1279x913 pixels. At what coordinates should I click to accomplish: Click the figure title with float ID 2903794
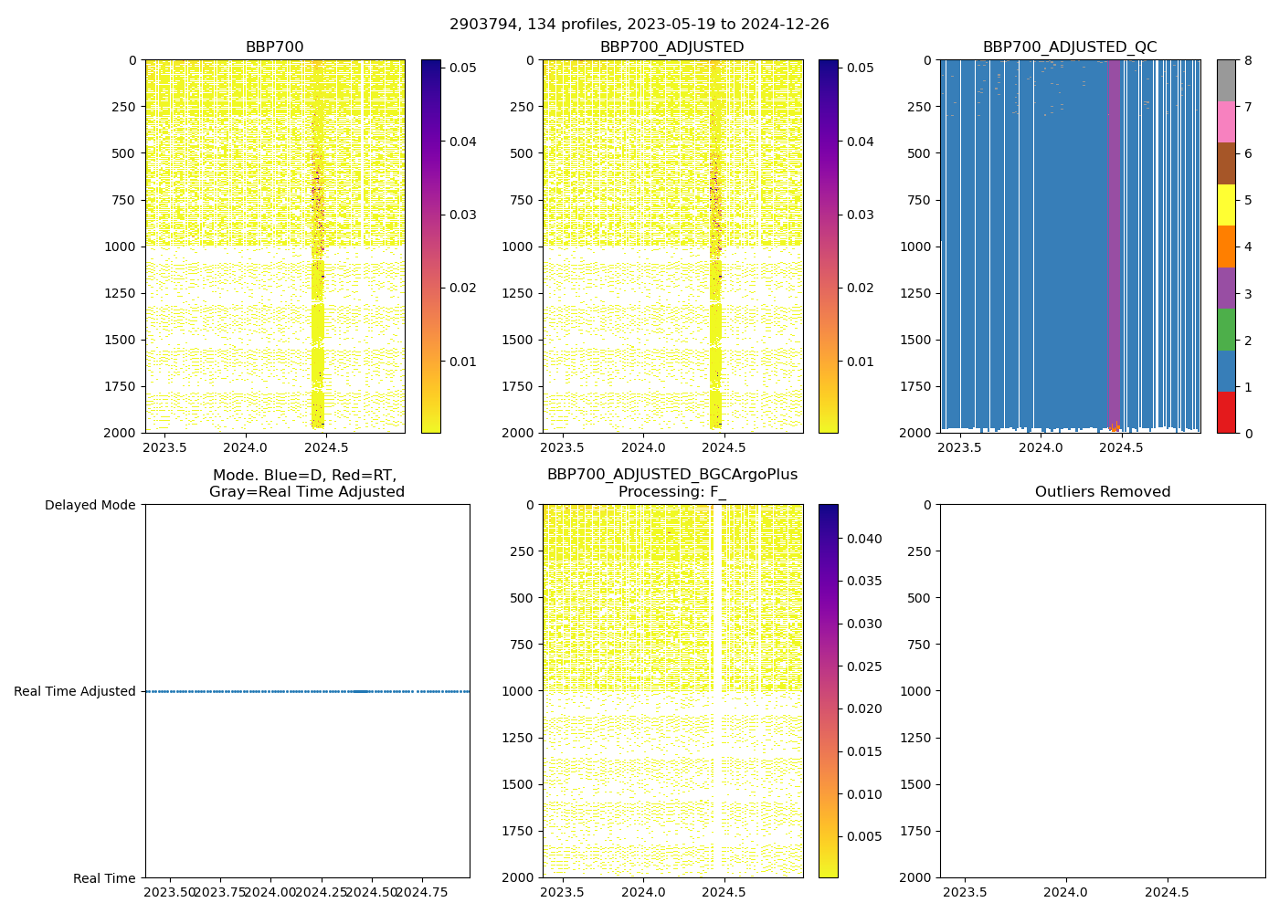[x=639, y=25]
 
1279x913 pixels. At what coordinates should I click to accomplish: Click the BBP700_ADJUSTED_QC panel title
[x=1070, y=47]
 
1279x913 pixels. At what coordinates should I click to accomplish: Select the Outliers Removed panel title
[x=1102, y=492]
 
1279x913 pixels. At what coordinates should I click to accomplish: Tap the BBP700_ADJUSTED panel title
[x=671, y=47]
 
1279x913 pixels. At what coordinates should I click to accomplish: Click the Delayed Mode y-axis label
[x=90, y=505]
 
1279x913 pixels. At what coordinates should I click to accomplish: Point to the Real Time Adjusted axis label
[x=75, y=691]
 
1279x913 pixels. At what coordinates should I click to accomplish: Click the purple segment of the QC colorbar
[x=1226, y=288]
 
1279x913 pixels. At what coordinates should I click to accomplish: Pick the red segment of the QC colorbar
[x=1226, y=412]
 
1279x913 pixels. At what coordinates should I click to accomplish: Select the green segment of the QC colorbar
[x=1226, y=329]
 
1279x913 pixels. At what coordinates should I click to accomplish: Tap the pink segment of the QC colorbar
[x=1226, y=121]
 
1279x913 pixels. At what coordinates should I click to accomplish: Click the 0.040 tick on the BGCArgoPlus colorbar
[x=864, y=539]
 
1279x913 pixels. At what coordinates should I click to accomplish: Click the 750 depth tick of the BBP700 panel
[x=122, y=200]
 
